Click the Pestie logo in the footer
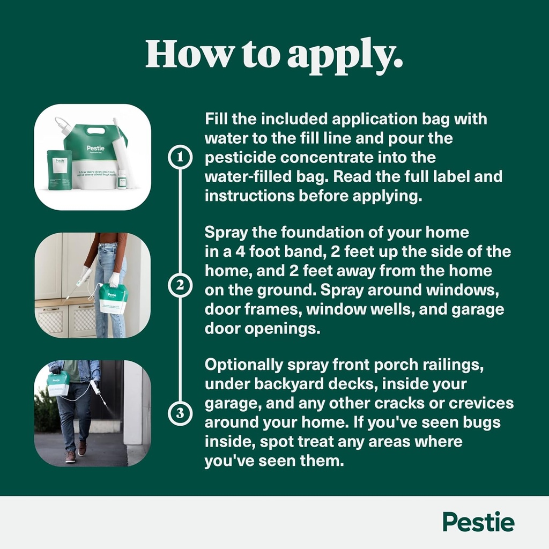coord(478,522)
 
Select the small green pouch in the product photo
coord(60,170)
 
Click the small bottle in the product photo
coord(123,179)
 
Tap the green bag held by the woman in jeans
coord(113,298)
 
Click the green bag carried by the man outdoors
coord(58,383)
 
